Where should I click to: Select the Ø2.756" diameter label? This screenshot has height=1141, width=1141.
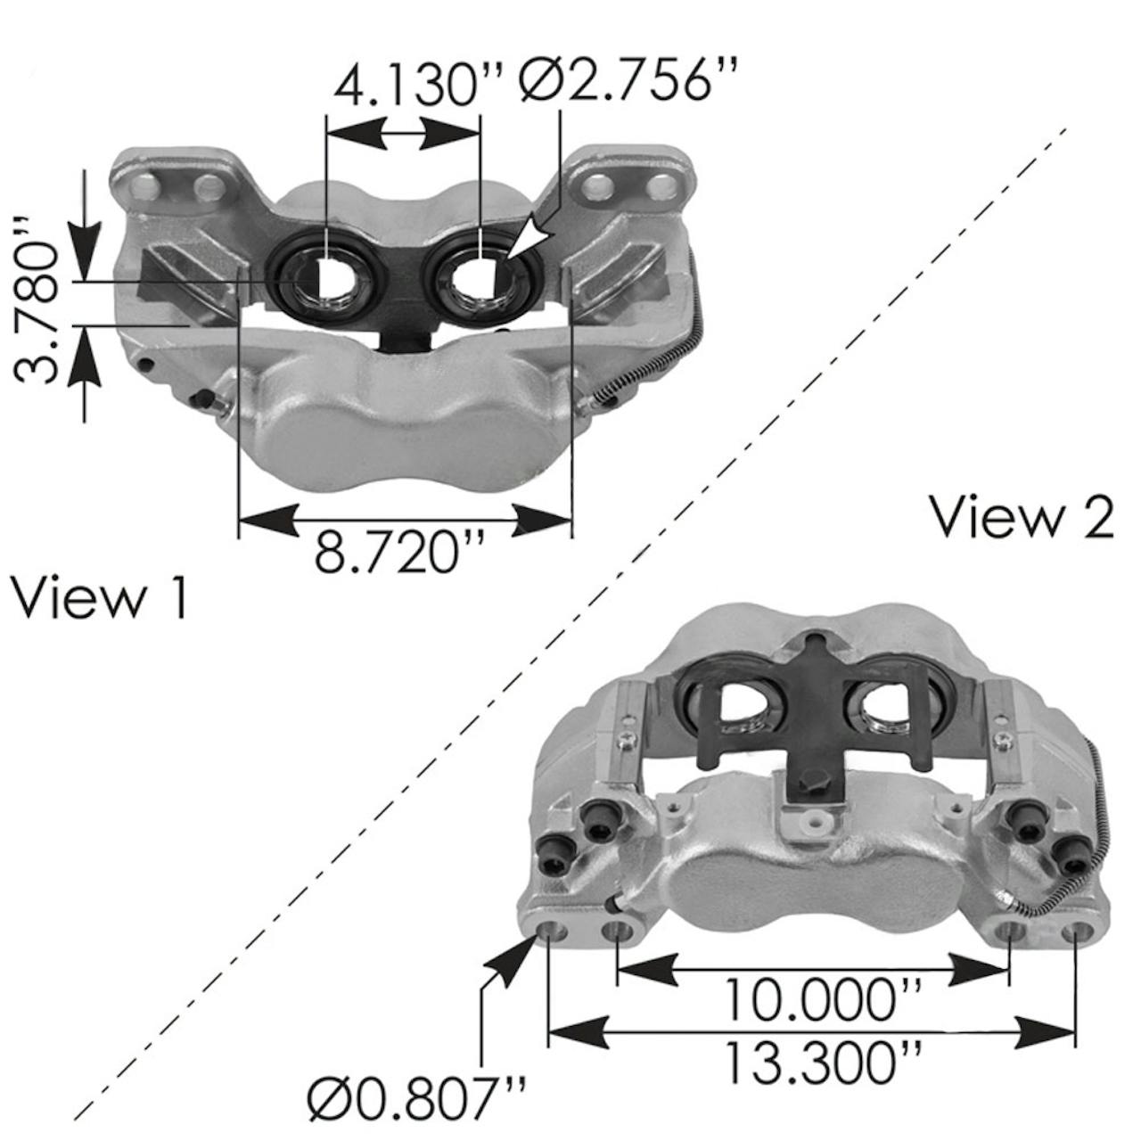(630, 82)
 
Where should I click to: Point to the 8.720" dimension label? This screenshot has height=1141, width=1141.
(398, 554)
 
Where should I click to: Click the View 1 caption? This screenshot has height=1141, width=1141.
(100, 599)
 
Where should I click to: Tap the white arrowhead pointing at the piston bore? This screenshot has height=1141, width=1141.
(529, 237)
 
